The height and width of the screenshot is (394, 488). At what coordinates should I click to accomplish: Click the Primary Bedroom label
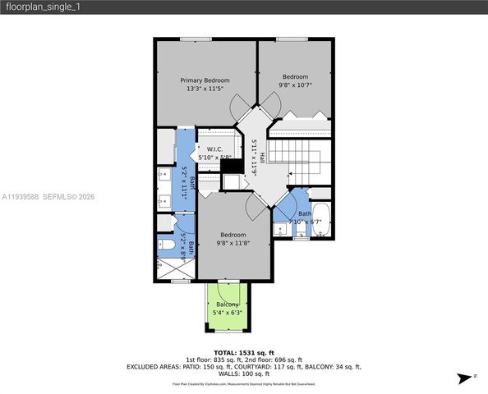205,80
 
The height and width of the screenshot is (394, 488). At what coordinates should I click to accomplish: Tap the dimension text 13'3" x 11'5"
205,89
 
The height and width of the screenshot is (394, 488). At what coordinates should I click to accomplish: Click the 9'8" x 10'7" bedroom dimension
295,84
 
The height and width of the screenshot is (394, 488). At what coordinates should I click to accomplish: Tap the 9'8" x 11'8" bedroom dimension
232,243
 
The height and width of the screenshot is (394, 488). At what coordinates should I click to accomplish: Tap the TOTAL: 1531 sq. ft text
243,351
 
